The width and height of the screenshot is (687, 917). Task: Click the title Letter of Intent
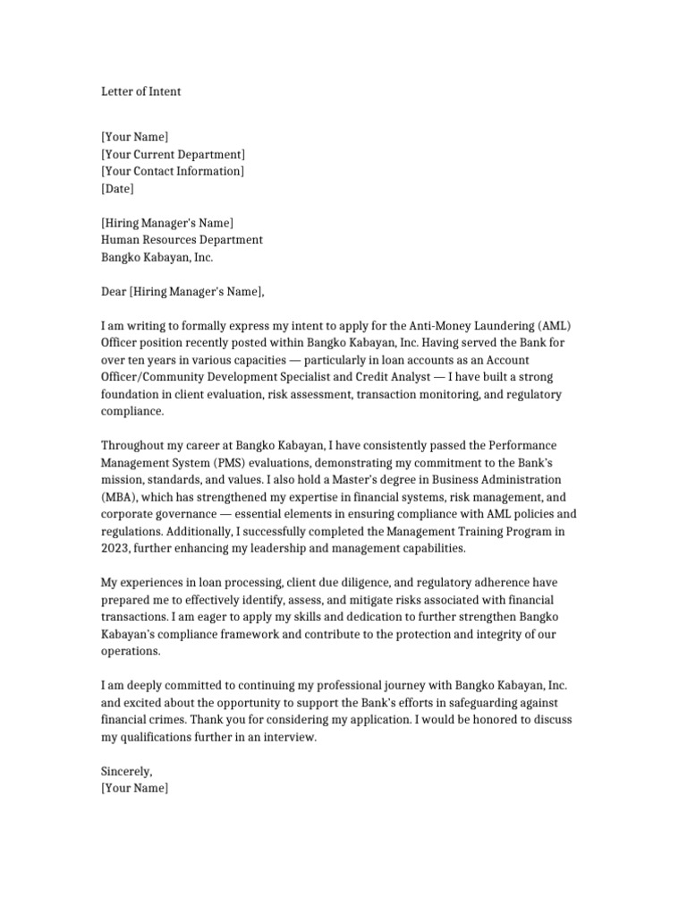(x=140, y=91)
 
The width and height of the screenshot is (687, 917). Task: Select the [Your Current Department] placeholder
(x=173, y=154)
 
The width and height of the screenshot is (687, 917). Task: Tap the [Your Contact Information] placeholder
(x=172, y=171)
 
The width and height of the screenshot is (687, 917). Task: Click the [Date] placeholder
(x=117, y=188)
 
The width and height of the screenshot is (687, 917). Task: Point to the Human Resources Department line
(x=182, y=240)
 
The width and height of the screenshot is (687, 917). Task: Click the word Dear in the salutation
(x=114, y=291)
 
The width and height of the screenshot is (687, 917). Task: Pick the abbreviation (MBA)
(x=118, y=497)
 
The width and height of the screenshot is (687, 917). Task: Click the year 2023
(x=117, y=548)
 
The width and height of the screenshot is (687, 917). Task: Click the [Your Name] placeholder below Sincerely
(x=134, y=788)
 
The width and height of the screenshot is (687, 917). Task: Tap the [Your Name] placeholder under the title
(x=134, y=137)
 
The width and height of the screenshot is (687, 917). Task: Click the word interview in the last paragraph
(x=288, y=737)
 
